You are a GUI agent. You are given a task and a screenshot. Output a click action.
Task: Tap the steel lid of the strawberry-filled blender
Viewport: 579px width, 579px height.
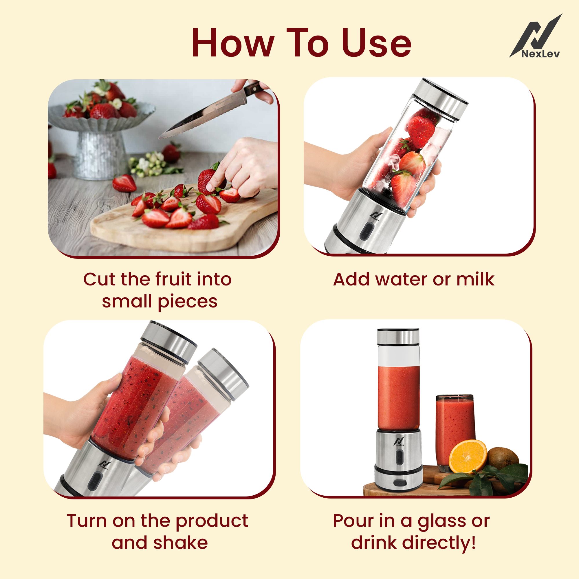coord(441,99)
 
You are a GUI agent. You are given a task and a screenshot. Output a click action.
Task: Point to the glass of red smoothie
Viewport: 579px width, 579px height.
coord(455,426)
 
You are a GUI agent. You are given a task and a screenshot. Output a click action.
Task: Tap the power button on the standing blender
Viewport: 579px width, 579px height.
coord(399,457)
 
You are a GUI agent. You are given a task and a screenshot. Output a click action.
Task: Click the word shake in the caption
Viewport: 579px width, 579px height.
coord(180,543)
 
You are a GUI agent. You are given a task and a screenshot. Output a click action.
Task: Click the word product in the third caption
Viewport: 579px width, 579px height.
coord(212,521)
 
